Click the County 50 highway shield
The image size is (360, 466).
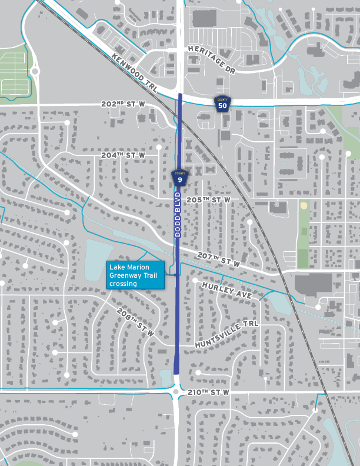pyautogui.click(x=222, y=104)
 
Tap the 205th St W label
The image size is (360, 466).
pyautogui.click(x=208, y=200)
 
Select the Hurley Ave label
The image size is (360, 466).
pyautogui.click(x=226, y=289)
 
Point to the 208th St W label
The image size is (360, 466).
pyautogui.click(x=135, y=322)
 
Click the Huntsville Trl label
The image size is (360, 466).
pyautogui.click(x=226, y=334)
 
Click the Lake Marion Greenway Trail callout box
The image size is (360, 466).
pyautogui.click(x=135, y=275)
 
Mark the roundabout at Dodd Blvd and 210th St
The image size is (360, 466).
pyautogui.click(x=176, y=391)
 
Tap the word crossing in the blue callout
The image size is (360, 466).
pyautogui.click(x=123, y=283)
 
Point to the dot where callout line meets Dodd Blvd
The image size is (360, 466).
pyautogui.click(x=176, y=275)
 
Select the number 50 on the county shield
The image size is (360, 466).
pyautogui.click(x=222, y=106)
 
